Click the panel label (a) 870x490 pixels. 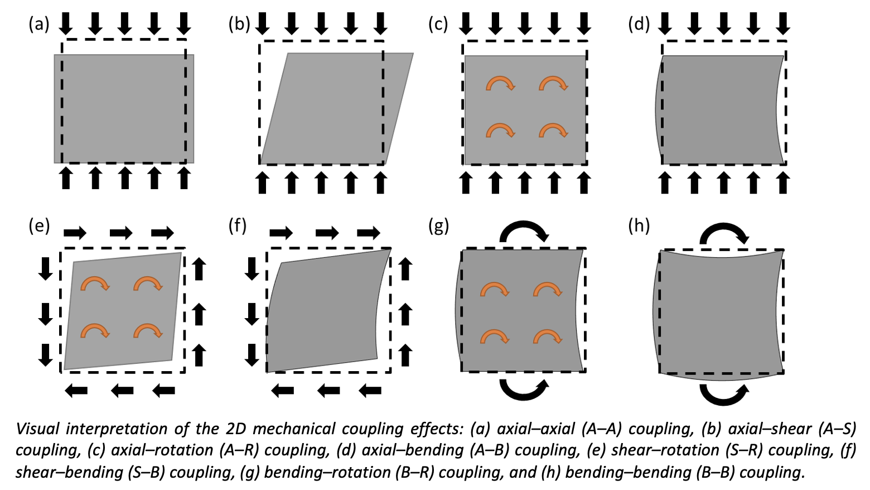(x=39, y=25)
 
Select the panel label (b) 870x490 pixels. (x=239, y=25)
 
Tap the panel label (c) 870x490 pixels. (x=438, y=25)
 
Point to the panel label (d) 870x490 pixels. (x=639, y=25)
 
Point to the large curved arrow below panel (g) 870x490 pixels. (x=524, y=388)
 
